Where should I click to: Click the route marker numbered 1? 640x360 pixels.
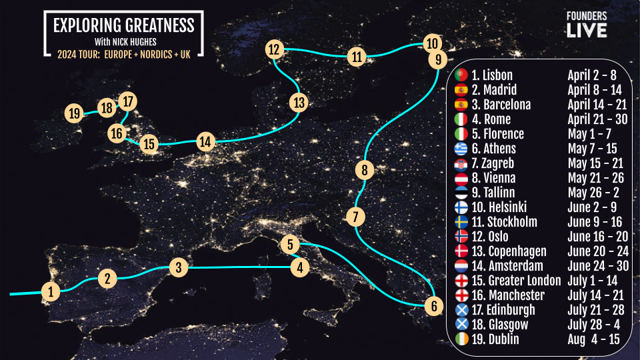pos(50,291)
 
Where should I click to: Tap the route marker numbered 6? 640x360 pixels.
pos(433,307)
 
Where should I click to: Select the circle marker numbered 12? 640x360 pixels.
pos(274,49)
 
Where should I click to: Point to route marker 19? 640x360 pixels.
pos(74,113)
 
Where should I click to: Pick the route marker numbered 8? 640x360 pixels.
pos(363,170)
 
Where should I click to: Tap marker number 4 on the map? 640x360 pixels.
pos(301,268)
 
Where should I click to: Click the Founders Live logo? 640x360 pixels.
pos(587,25)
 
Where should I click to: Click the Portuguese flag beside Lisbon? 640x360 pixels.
pos(461,75)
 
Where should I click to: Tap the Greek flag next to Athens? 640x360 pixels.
pos(461,149)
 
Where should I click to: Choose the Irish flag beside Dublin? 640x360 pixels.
pos(461,339)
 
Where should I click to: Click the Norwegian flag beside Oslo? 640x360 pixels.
pos(461,237)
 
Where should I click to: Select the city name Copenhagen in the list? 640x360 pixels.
pos(508,251)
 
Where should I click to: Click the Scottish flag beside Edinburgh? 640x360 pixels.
pos(461,310)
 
